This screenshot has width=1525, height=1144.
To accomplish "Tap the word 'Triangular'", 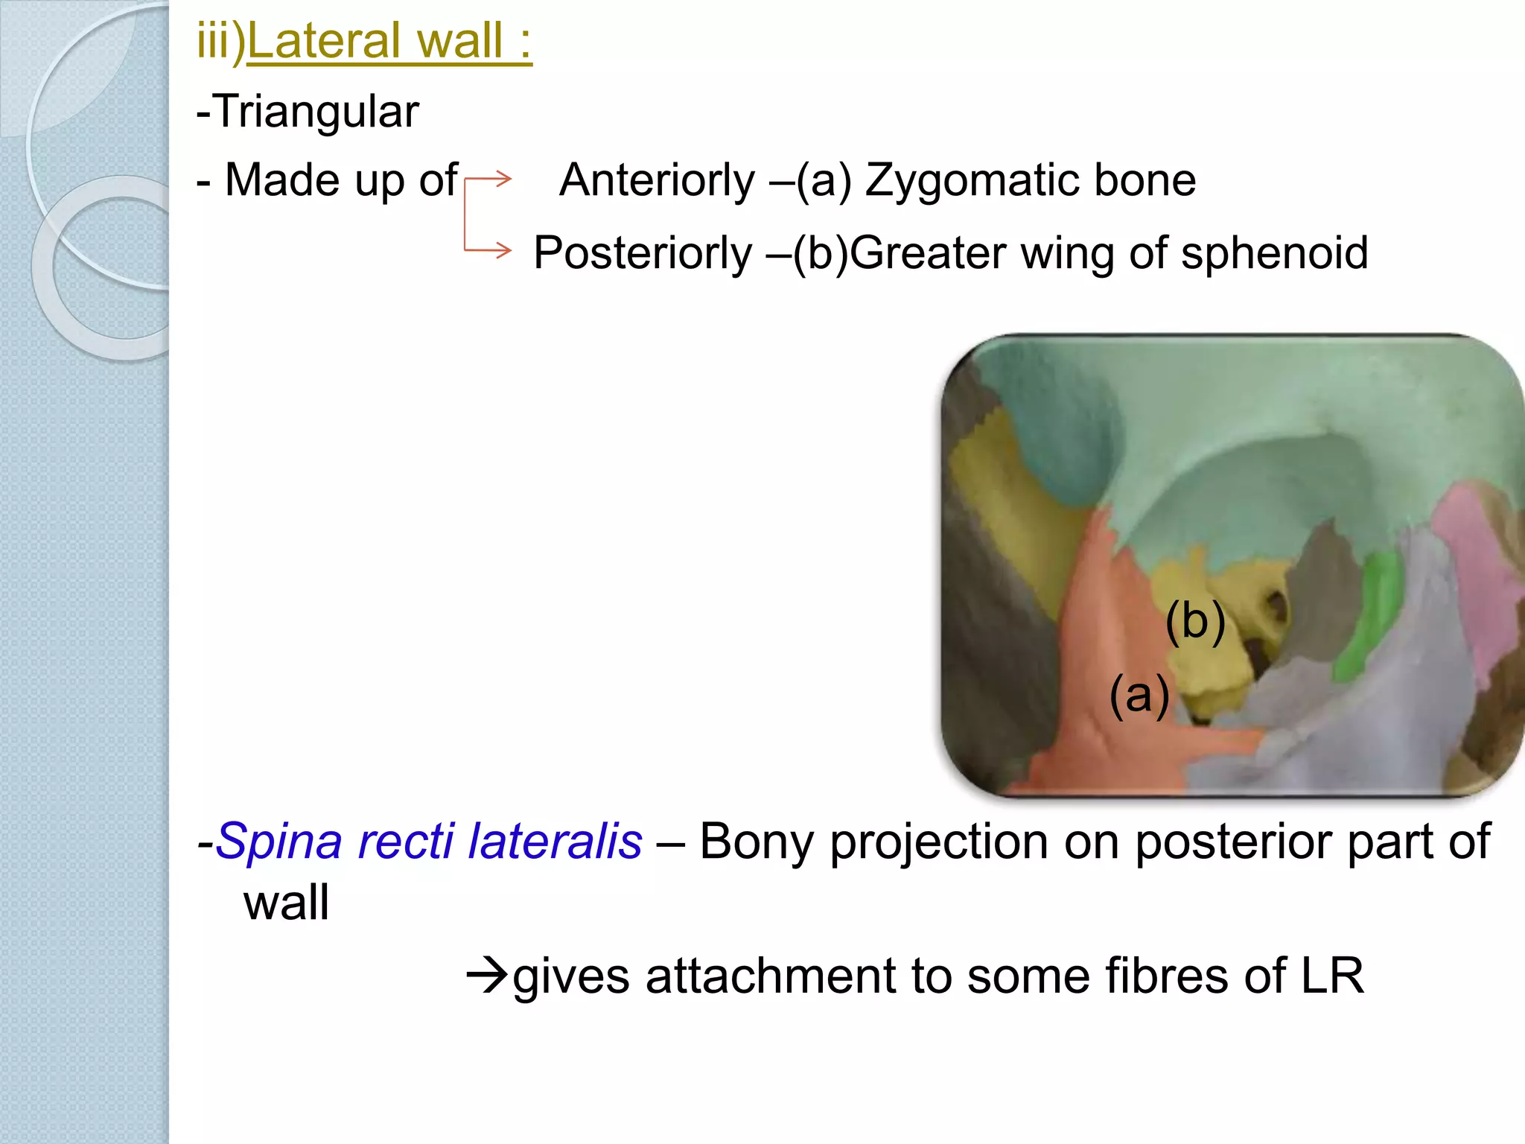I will pyautogui.click(x=316, y=112).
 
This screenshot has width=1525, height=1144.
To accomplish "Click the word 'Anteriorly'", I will pyautogui.click(x=657, y=181).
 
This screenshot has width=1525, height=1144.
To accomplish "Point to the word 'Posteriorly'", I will pyautogui.click(x=643, y=253).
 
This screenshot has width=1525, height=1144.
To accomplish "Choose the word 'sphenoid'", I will pyautogui.click(x=1274, y=253).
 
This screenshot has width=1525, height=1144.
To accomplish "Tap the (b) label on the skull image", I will pyautogui.click(x=1195, y=622).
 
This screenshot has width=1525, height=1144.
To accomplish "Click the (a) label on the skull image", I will pyautogui.click(x=1139, y=695).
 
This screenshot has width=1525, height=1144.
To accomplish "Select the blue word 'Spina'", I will pyautogui.click(x=281, y=842).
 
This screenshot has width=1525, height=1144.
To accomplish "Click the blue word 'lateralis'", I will pyautogui.click(x=555, y=842).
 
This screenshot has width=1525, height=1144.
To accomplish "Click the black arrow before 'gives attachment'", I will pyautogui.click(x=487, y=975).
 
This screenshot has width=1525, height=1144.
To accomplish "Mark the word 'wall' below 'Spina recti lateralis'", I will pyautogui.click(x=286, y=903).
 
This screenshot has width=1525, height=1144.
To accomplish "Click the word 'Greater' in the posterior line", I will pyautogui.click(x=928, y=253).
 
